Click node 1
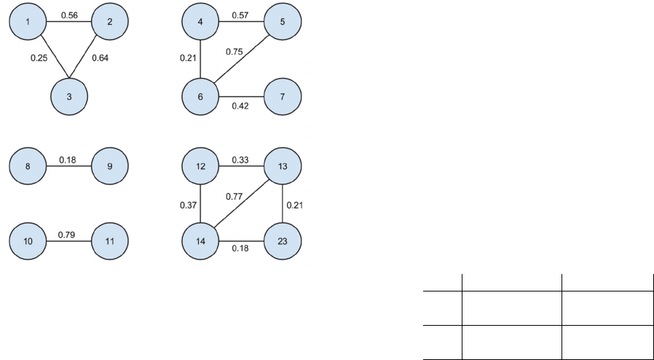(27, 22)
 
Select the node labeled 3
(68, 96)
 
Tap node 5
(282, 22)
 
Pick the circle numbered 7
(282, 96)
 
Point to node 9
(109, 166)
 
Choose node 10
(27, 240)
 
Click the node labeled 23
(282, 240)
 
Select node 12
(200, 166)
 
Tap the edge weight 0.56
(70, 15)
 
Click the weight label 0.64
(101, 58)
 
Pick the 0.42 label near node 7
(241, 106)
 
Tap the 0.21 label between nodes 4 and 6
(188, 58)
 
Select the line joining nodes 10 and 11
(68, 240)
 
